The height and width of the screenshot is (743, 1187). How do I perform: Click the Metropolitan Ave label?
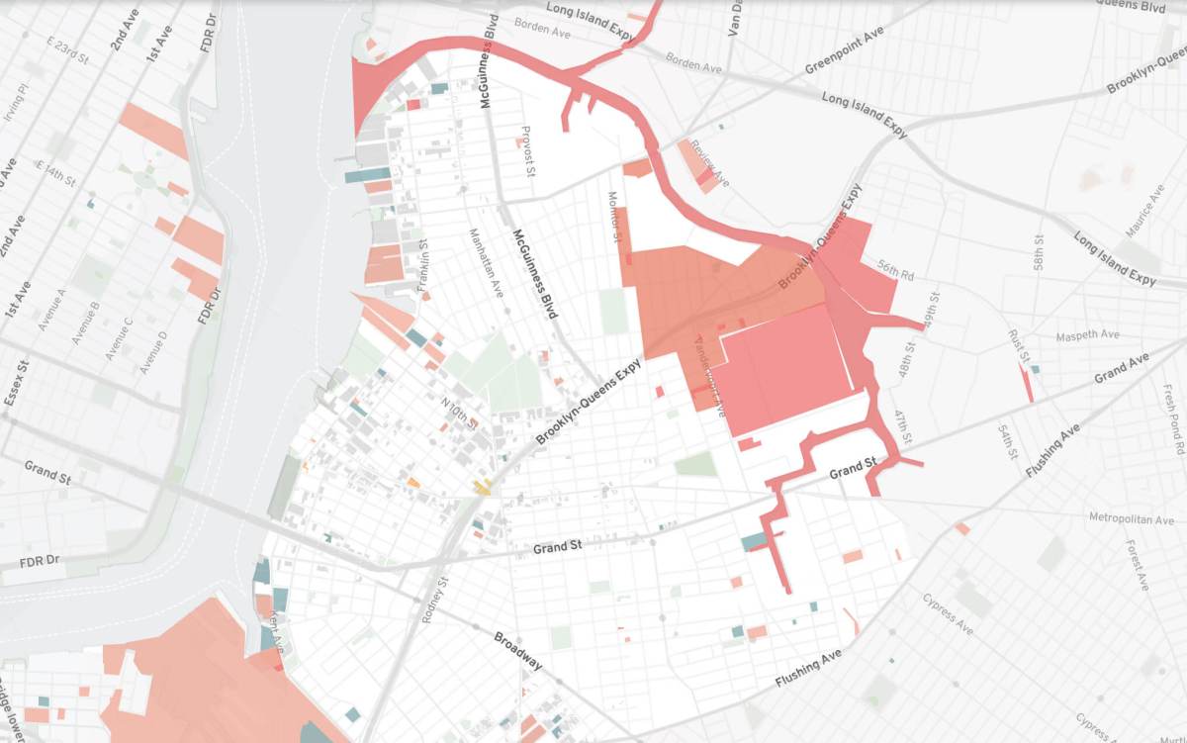1129,517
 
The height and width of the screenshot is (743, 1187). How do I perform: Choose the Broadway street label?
518,650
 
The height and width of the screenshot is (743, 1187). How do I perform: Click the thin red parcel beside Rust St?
1026,382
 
